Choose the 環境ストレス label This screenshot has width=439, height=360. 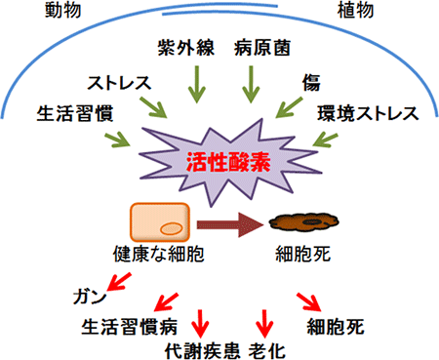tap(368, 112)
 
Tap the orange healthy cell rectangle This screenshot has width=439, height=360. tap(160, 228)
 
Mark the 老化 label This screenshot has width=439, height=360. tap(266, 349)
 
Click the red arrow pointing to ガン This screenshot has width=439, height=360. tap(119, 283)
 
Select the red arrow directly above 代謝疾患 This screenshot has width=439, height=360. tap(201, 320)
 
